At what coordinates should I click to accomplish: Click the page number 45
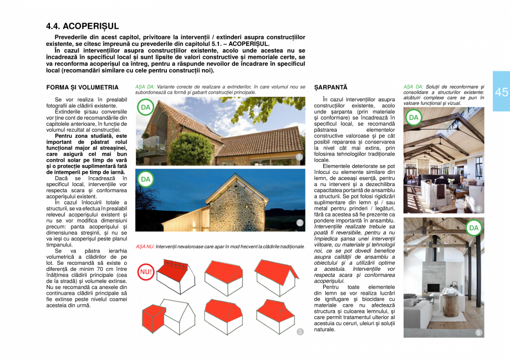point(501,92)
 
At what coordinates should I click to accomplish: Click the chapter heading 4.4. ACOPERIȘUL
point(83,27)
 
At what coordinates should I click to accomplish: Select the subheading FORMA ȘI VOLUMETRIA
point(83,88)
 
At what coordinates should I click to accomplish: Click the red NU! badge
point(146,272)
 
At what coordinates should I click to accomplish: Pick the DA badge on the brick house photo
point(145,107)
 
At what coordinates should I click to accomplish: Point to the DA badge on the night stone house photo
point(145,179)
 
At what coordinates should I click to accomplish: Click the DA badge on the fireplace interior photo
point(473,228)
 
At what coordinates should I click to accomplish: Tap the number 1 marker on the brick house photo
point(299,158)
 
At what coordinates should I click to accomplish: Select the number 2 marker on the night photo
point(300,223)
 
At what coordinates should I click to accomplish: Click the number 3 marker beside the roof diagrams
point(300,332)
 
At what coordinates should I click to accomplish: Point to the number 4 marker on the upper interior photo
point(478,209)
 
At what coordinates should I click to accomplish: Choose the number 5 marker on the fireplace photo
point(478,332)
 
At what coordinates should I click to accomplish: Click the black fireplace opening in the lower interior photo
point(433,288)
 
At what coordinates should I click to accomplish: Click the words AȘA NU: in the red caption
point(145,245)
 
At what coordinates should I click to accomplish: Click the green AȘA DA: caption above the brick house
point(145,87)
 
